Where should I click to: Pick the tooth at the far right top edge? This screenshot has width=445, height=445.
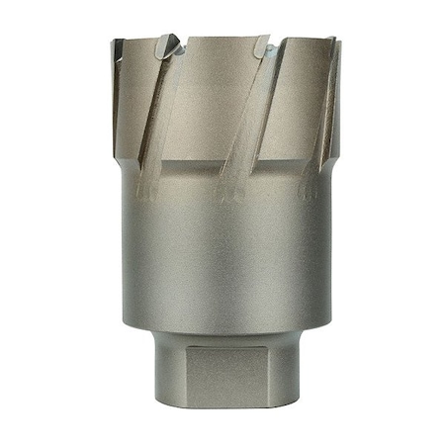click(332, 44)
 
